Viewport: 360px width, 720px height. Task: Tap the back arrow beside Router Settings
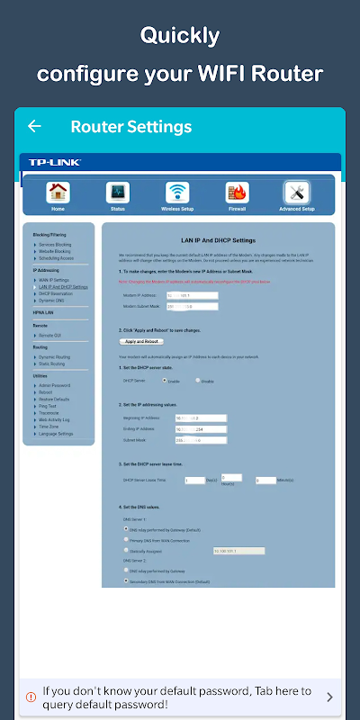tap(34, 126)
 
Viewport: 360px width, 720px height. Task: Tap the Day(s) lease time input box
tap(194, 481)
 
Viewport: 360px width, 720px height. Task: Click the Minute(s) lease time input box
tap(265, 481)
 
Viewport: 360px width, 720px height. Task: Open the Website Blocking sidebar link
tap(58, 251)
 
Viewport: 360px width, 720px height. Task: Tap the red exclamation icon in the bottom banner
tap(32, 697)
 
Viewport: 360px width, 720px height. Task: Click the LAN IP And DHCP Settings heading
tap(219, 240)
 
